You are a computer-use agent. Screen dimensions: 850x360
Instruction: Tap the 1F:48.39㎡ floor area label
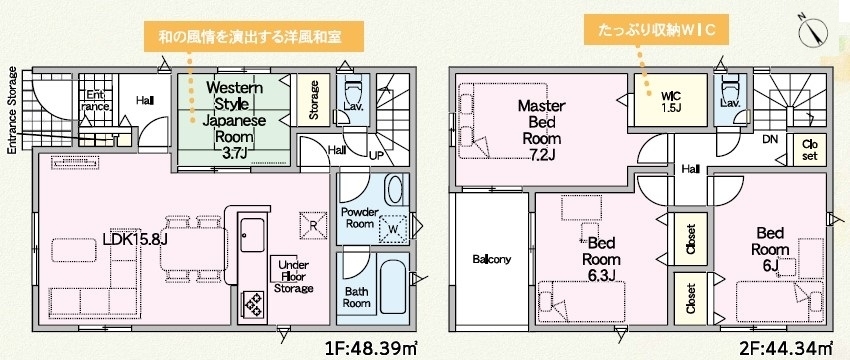pos(372,346)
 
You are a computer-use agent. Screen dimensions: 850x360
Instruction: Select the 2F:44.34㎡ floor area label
pos(787,346)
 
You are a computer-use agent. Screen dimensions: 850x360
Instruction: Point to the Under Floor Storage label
pos(293,277)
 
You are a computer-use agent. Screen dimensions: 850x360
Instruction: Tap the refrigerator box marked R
pos(313,226)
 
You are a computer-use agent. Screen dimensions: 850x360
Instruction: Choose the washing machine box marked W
pos(394,229)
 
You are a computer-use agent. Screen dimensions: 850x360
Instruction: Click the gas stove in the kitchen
pos(253,305)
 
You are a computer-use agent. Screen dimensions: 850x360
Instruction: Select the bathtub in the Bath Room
pos(394,286)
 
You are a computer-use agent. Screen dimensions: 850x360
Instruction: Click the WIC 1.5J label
pos(670,102)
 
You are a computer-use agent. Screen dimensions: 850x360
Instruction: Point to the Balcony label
pos(491,259)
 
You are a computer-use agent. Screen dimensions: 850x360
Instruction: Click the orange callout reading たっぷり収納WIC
pos(654,31)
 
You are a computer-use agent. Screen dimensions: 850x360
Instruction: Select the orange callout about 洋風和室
pos(253,37)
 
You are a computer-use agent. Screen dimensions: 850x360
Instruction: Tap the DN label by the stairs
pos(770,139)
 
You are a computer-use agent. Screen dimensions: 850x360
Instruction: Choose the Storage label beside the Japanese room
pos(313,99)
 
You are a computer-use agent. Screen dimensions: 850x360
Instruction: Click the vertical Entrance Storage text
pos(12,110)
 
